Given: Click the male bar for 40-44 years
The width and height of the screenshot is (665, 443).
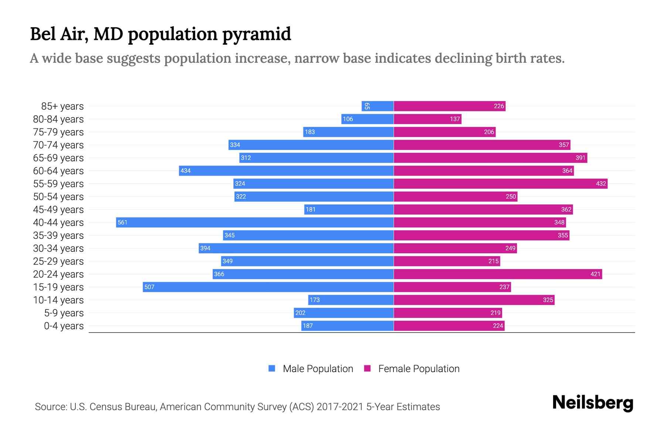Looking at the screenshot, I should click(x=255, y=222).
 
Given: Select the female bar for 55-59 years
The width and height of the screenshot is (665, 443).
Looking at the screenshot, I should click(x=501, y=183).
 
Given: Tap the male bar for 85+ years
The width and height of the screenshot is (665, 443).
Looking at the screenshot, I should click(x=378, y=106).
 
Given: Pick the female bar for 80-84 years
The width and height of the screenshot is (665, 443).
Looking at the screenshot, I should click(x=427, y=119).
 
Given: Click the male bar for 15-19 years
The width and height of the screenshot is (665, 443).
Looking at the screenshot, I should click(x=268, y=287).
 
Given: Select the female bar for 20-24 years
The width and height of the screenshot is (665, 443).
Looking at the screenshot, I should click(x=498, y=274).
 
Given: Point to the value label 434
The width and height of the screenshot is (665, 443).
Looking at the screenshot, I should click(x=185, y=171).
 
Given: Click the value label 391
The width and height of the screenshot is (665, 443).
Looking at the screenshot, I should click(x=580, y=158).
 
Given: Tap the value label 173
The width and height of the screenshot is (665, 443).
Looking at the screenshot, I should click(x=314, y=300).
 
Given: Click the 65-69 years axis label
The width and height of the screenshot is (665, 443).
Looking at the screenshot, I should click(x=58, y=158).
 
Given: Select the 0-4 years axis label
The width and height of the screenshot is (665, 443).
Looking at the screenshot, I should click(x=64, y=326).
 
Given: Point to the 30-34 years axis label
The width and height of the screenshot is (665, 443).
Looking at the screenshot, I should click(x=58, y=248).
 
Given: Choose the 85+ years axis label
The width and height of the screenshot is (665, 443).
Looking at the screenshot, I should click(x=62, y=106).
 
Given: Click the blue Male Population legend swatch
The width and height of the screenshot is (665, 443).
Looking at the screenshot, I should click(x=272, y=368).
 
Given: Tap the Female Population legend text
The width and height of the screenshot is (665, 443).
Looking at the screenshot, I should click(x=419, y=368).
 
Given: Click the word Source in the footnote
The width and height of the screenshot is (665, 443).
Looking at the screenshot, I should click(x=50, y=406).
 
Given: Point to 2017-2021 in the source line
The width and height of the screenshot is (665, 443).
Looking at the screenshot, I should click(x=340, y=406).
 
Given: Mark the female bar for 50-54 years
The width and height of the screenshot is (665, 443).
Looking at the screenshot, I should click(x=456, y=196).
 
